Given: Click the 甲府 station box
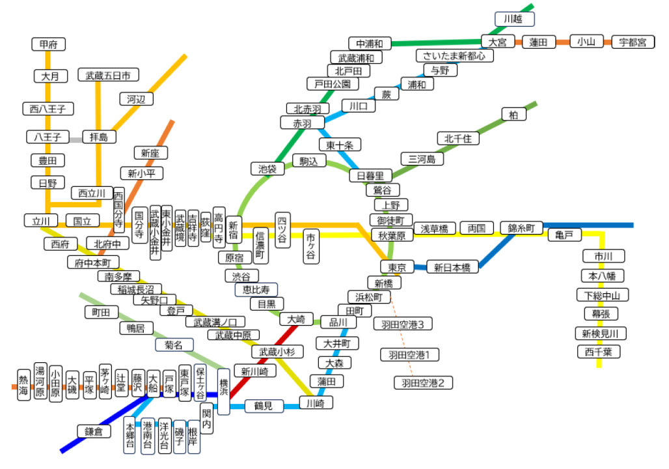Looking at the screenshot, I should coord(48,44).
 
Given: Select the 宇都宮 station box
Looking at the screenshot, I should coord(633,42).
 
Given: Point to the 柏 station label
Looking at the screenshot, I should coord(513,115).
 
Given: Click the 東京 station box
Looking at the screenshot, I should coord(397,267).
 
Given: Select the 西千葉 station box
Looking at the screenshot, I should coord(599,352).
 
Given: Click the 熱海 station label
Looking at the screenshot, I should coord(23,386).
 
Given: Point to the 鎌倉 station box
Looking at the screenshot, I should coord(94,431).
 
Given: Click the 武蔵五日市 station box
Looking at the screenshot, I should coord(108,76).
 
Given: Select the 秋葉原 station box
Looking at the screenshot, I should coord(392,235).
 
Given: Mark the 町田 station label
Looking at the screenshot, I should coord(102,313).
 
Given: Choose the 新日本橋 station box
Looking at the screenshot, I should coord(452,267).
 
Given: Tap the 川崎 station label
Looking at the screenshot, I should coord(316,404).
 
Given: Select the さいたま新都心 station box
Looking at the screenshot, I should coord(454,55).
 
